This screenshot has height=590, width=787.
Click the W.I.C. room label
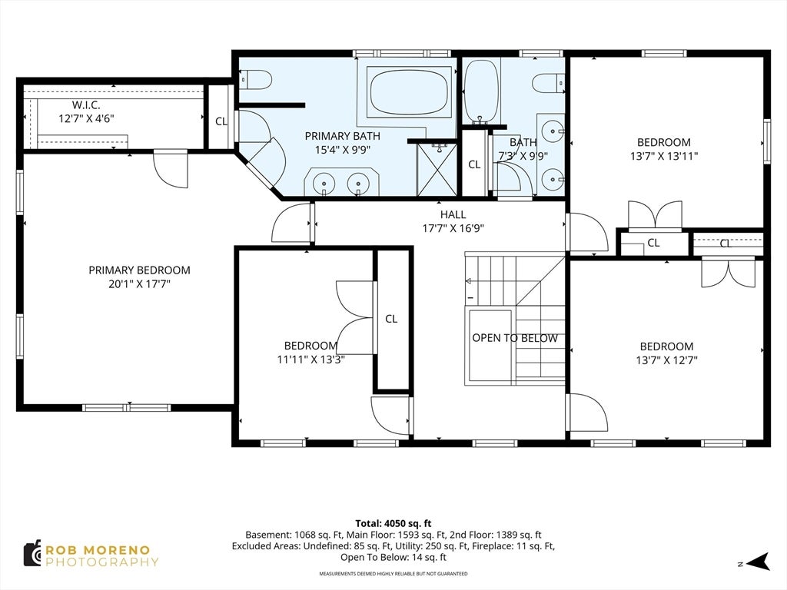[86, 105]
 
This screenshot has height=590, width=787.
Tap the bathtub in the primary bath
[408, 93]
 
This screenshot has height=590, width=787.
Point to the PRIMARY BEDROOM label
[140, 270]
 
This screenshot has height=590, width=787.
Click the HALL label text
[453, 215]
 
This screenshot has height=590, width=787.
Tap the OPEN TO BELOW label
[515, 338]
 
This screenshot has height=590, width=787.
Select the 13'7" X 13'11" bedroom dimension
[664, 156]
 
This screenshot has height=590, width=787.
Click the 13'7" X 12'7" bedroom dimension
[666, 360]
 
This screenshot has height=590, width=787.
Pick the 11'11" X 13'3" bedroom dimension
[310, 360]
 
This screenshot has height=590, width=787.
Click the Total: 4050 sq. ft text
[393, 524]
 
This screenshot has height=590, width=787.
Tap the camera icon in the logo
[32, 554]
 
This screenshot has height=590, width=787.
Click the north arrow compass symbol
[757, 562]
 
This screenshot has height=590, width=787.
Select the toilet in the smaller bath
[549, 83]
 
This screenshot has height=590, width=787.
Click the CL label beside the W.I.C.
[221, 121]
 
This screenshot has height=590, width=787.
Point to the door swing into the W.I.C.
[171, 168]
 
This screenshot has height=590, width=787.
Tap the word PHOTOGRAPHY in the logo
[102, 562]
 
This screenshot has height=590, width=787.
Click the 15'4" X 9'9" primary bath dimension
[343, 150]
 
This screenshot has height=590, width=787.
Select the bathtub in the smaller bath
[481, 91]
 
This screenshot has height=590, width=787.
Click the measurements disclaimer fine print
[393, 573]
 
